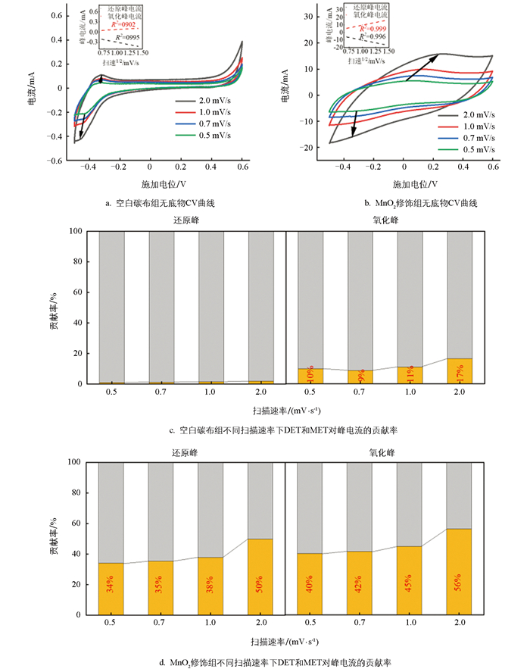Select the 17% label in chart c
pos(460,375)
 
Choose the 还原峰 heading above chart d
pos(186,452)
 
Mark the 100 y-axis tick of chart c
pos(82,232)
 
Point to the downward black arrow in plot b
pos(353,124)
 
